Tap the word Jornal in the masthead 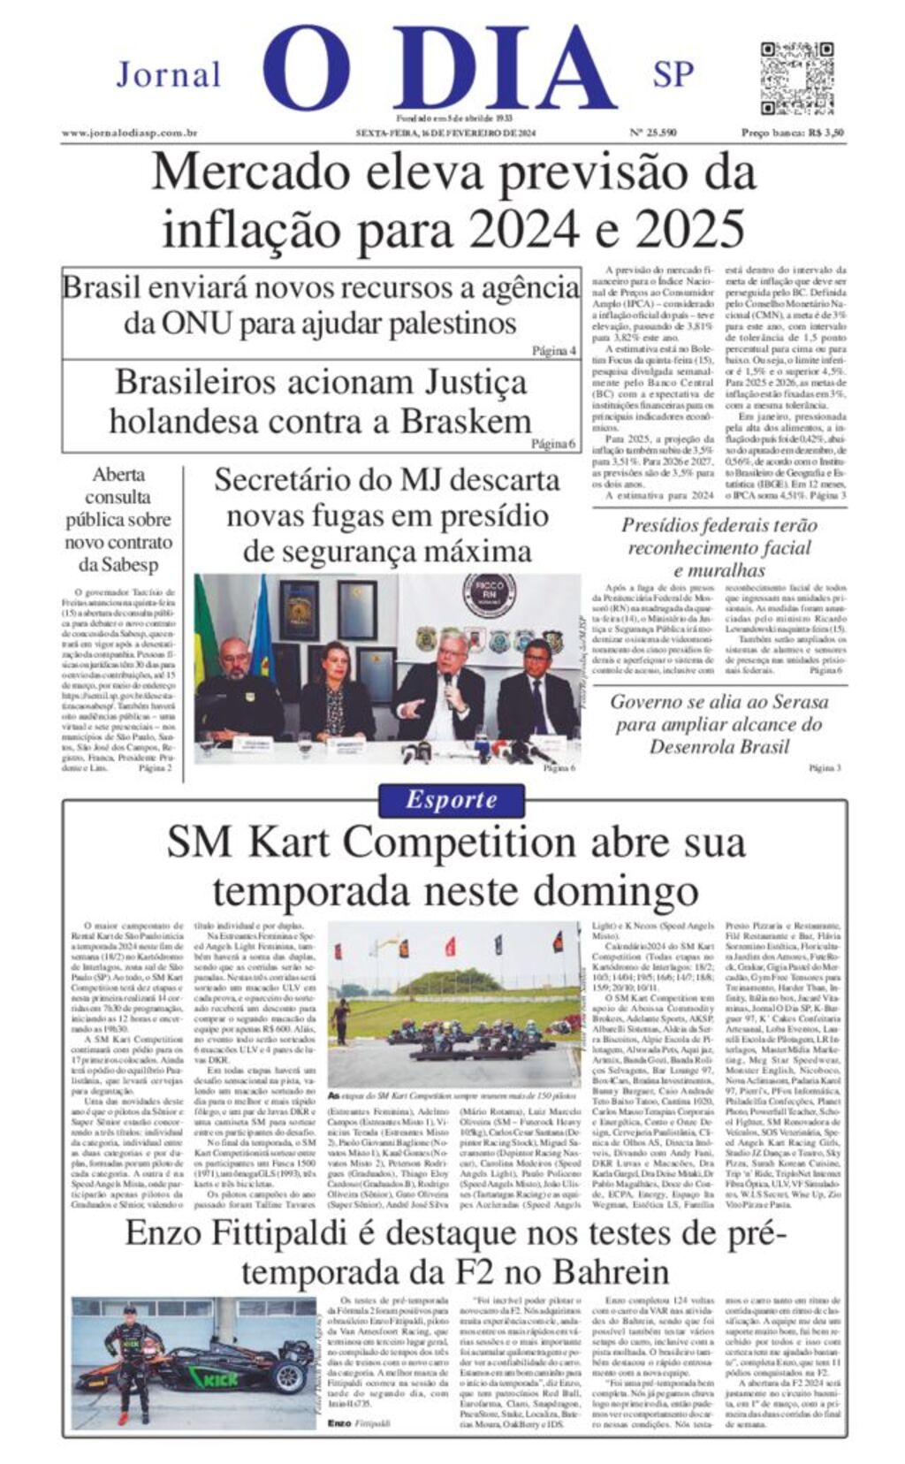click(168, 75)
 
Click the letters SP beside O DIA click(673, 74)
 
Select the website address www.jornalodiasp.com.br click(129, 133)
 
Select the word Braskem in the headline click(466, 421)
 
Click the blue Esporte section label click(451, 800)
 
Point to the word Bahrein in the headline click(611, 1273)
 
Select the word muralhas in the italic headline click(719, 570)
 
